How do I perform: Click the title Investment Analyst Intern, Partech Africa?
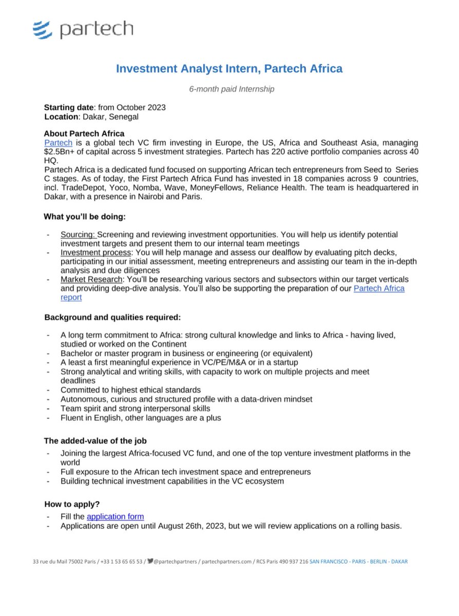click(x=229, y=68)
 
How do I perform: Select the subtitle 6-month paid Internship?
click(x=231, y=89)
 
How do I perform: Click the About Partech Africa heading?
click(x=84, y=133)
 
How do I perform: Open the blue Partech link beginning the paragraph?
click(x=58, y=142)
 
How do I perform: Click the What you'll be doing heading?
click(x=84, y=216)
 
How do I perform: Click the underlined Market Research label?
click(x=91, y=279)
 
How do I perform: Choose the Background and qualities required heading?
click(x=112, y=317)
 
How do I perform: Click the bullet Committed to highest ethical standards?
click(x=130, y=390)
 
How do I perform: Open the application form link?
click(x=115, y=517)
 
